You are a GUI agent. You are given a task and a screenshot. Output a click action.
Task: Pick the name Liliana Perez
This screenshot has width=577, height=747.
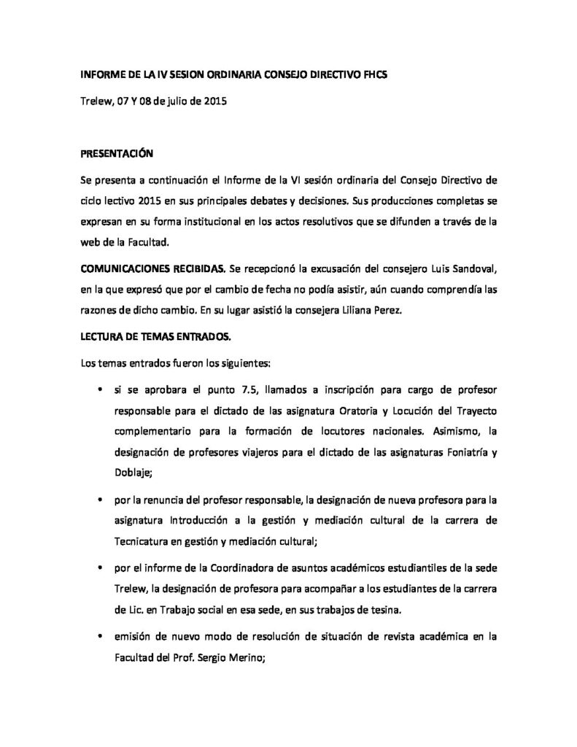[x=404, y=309]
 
